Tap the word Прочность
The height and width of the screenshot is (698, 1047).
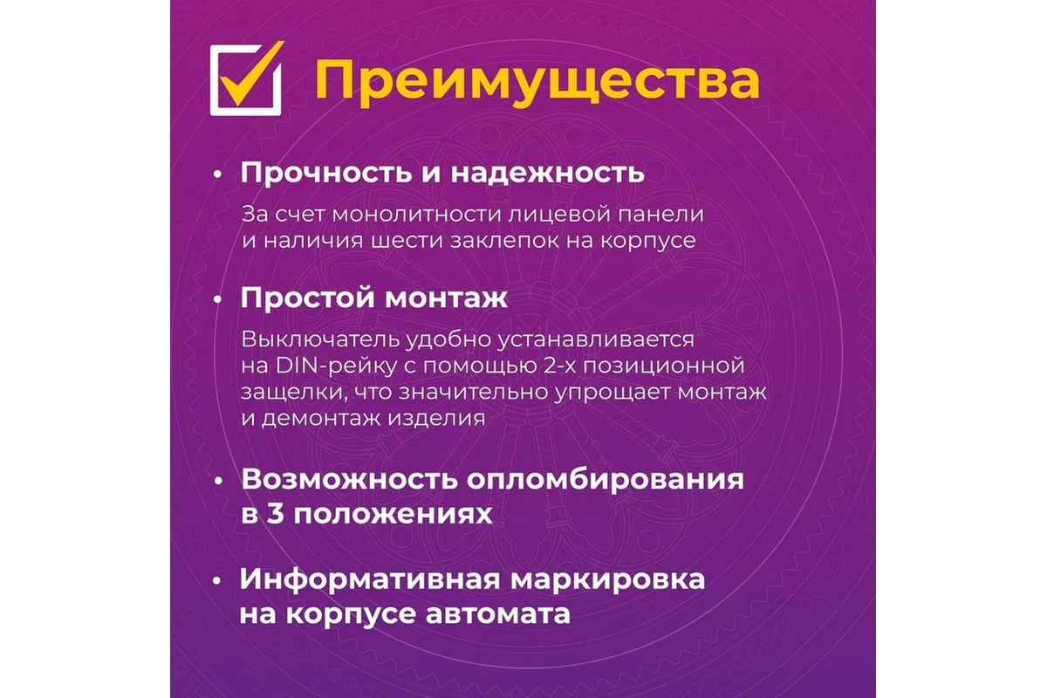click(x=326, y=173)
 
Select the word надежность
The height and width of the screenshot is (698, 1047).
click(x=547, y=173)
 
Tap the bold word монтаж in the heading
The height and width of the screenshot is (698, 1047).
click(x=446, y=298)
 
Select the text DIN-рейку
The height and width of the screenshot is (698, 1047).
click(x=336, y=366)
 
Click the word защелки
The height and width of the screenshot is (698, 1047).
click(x=292, y=393)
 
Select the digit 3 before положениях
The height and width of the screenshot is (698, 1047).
click(x=276, y=514)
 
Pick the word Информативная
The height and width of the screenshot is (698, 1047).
click(x=369, y=579)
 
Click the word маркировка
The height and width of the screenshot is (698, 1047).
click(x=607, y=580)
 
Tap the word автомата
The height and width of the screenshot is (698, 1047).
click(x=498, y=614)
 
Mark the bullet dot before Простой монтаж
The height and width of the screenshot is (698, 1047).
click(x=217, y=299)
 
